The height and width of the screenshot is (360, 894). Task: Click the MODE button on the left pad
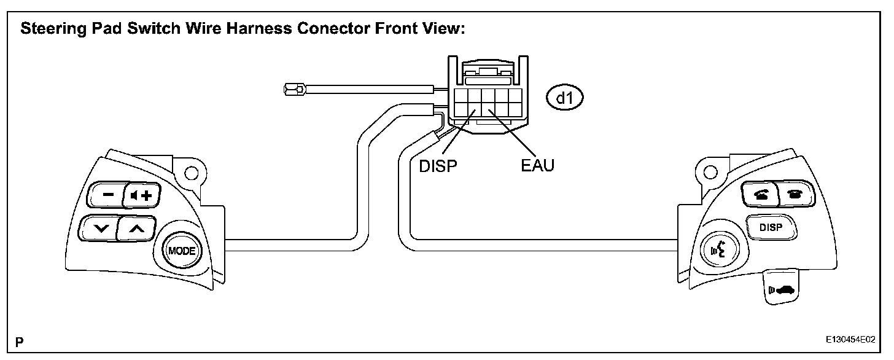(x=181, y=251)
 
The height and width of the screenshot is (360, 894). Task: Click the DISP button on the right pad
(x=771, y=227)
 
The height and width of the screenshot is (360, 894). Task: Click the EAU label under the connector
(x=533, y=166)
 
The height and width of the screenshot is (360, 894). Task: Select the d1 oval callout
(x=565, y=96)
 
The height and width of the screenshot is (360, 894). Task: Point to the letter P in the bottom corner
(x=20, y=340)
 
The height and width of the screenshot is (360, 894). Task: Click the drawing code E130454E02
(x=850, y=340)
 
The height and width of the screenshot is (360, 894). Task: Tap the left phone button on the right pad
(x=759, y=194)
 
